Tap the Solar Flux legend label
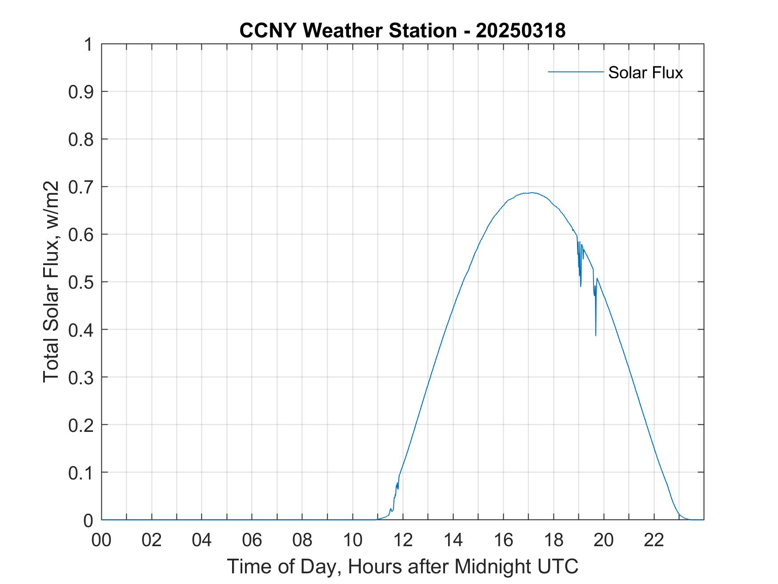645,72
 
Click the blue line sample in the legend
575,72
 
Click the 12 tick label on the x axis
403,540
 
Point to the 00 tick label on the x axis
101,540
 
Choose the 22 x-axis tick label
654,540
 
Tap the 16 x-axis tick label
503,540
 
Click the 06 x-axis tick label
252,540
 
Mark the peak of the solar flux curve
532,193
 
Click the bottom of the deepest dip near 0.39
596,335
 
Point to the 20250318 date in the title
521,31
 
